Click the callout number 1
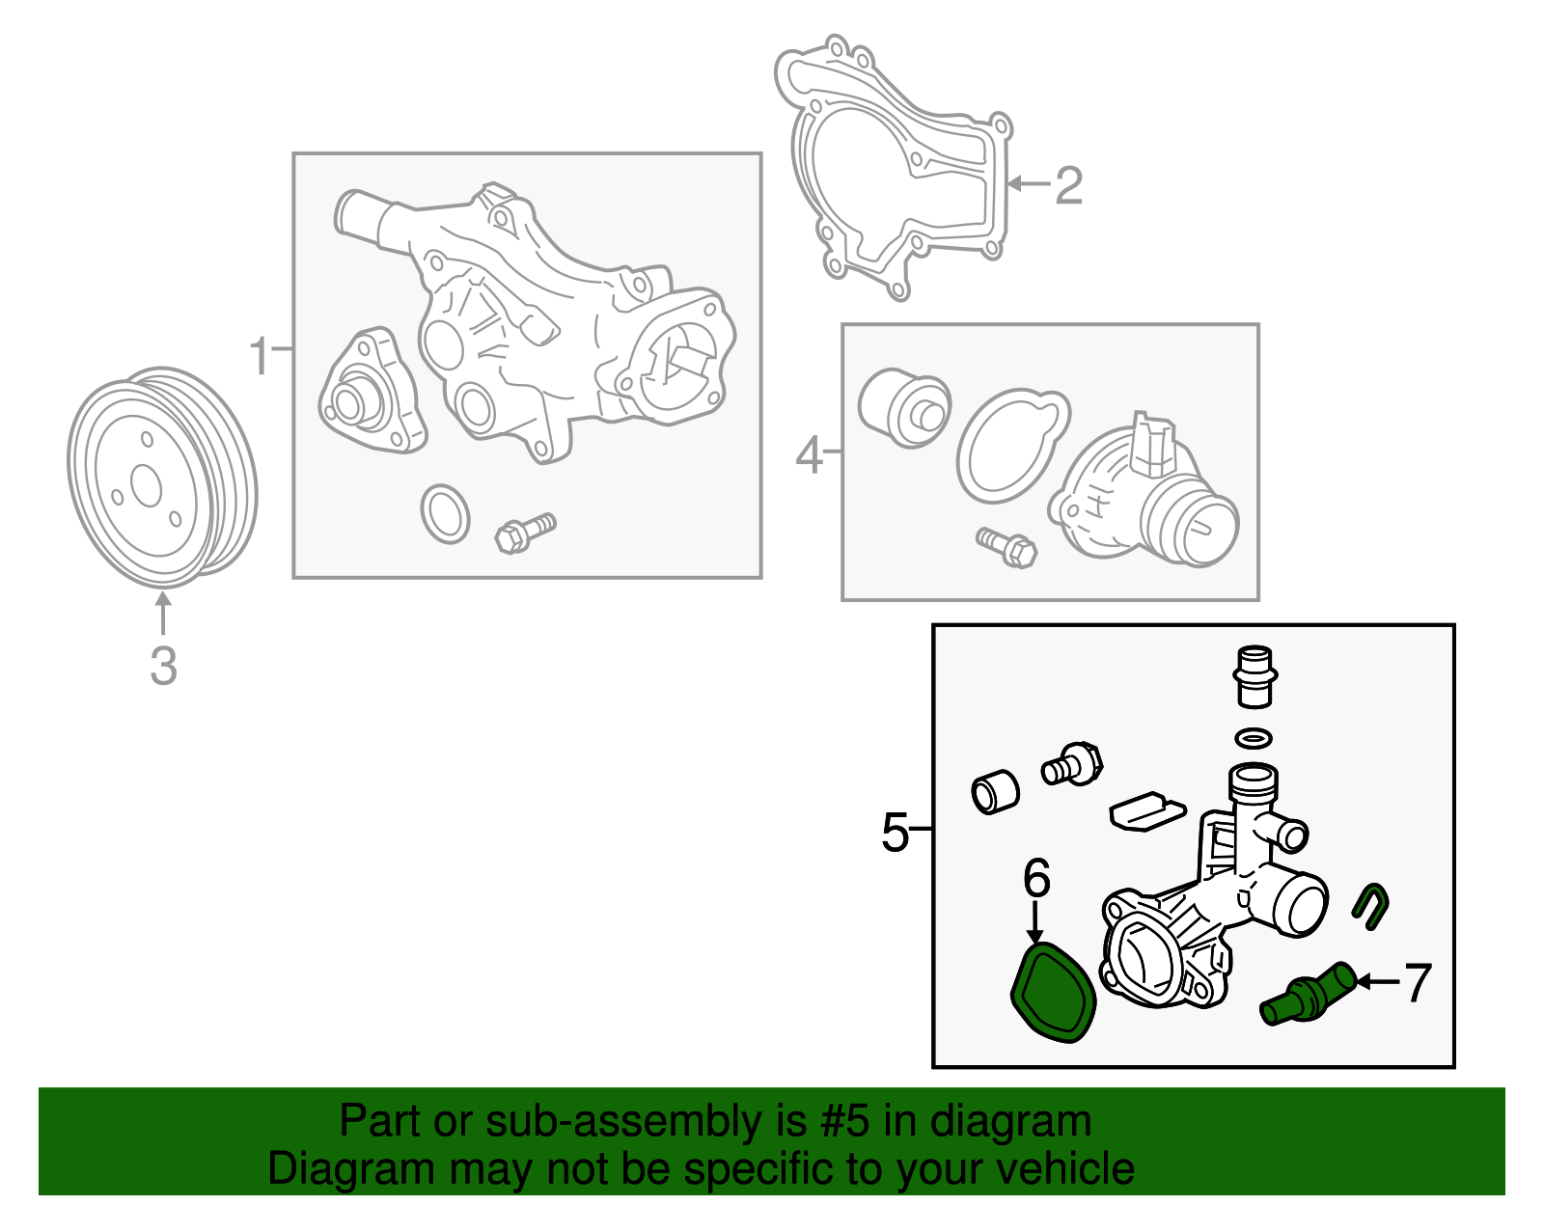coord(260,356)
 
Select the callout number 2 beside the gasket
coord(1068,186)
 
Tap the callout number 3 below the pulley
coord(163,666)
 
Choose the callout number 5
coord(896,832)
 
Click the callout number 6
coord(1036,877)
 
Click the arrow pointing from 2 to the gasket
coord(1029,184)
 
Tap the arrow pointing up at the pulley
coord(163,614)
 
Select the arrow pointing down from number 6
coord(1035,922)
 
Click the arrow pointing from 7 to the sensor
coord(1378,982)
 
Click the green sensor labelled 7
coord(1308,994)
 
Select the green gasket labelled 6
coord(1053,992)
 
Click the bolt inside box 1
coord(525,533)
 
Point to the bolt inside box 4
coord(1006,547)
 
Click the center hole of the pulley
coord(147,485)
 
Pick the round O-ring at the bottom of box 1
coord(445,514)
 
